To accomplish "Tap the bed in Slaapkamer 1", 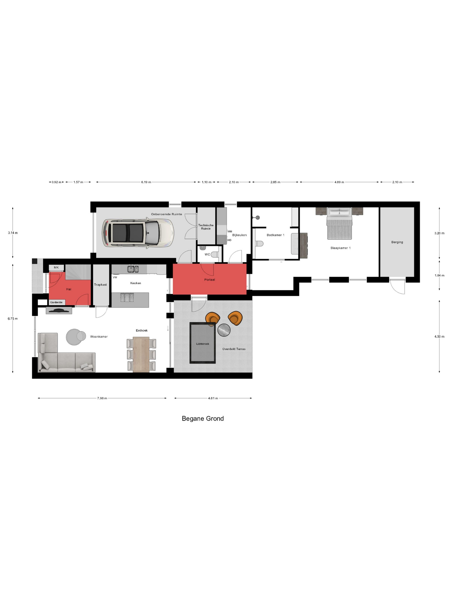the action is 339,224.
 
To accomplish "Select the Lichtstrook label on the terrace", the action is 203,344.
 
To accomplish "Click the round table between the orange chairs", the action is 224,330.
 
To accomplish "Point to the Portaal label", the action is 209,279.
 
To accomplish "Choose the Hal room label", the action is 69,289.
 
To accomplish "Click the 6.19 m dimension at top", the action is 146,182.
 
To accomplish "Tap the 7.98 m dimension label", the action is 102,398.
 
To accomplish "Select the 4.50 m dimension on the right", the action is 439,336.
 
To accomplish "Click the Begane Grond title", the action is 203,418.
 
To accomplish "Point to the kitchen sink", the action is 133,269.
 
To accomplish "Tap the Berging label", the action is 397,242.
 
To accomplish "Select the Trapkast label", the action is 101,285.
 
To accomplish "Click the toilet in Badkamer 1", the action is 259,243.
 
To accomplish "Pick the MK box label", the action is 56,267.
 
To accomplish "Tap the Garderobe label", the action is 56,302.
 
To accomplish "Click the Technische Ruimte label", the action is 206,227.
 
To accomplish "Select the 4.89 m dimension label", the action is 339,182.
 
